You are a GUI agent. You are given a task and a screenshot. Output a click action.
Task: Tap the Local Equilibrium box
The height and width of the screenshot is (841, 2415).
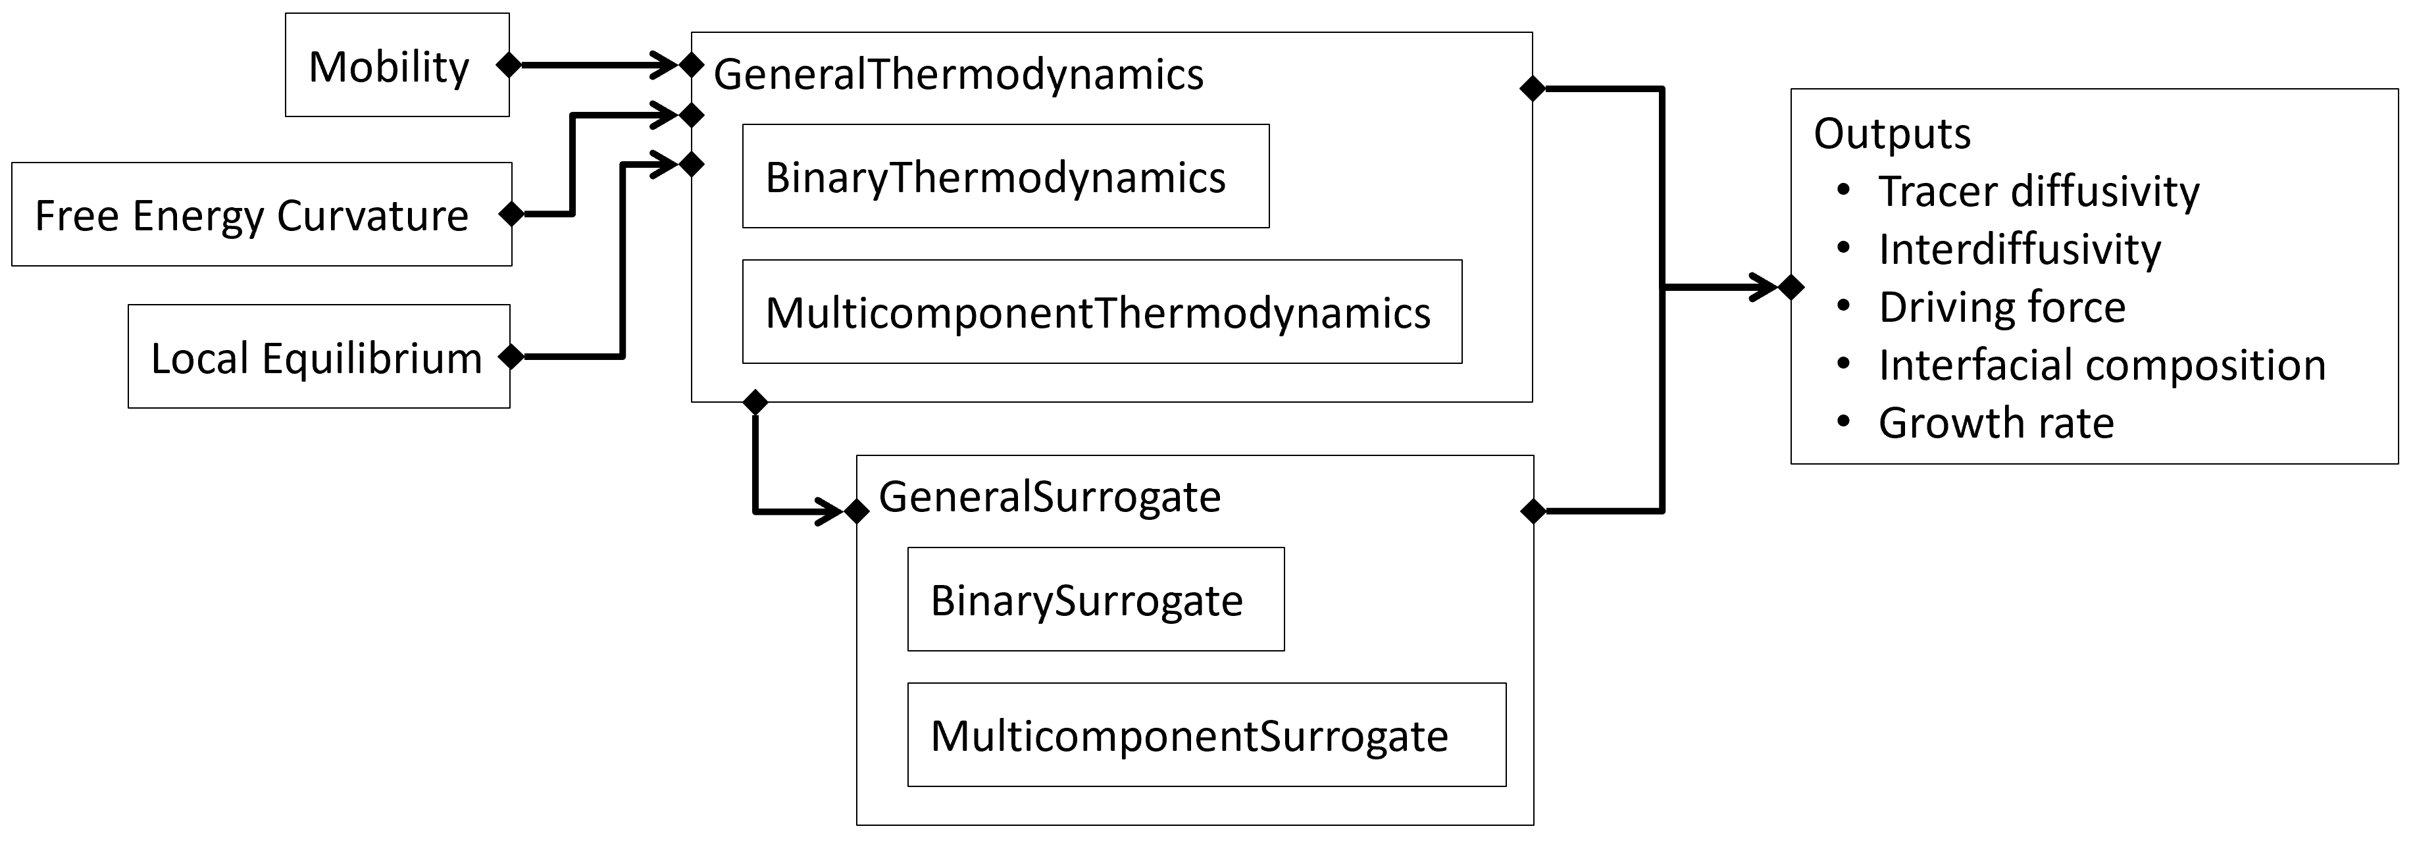(318, 357)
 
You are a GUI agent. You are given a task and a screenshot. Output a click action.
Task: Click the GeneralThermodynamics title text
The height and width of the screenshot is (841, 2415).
(958, 74)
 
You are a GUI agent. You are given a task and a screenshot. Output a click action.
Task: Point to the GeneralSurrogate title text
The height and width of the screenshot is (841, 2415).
(1049, 497)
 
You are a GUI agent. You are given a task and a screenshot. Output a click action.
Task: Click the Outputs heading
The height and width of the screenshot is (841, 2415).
(1892, 133)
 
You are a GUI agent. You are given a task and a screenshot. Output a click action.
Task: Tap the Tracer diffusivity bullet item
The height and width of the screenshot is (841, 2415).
(2038, 191)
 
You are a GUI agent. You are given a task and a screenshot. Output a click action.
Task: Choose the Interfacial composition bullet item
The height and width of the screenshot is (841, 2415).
(2102, 365)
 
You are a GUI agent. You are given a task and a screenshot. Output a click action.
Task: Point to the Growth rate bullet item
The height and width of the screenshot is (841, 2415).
(1996, 423)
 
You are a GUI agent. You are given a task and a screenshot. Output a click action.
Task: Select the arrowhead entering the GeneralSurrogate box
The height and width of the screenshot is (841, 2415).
(832, 512)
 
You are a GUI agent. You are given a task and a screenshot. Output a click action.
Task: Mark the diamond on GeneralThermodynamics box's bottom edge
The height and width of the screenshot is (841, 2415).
(755, 402)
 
